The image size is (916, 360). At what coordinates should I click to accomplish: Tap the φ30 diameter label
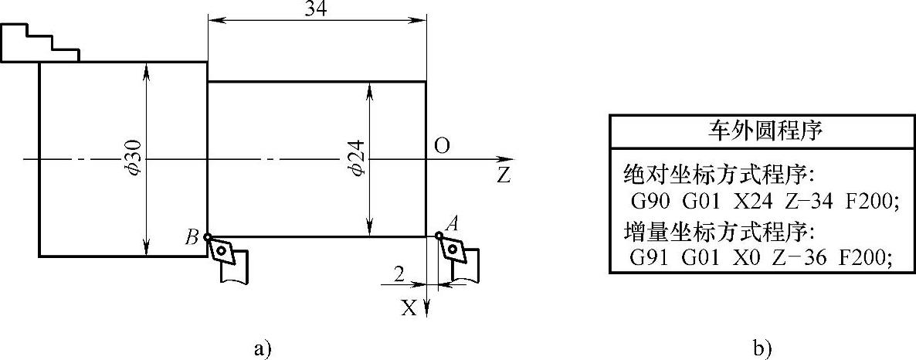pos(133,159)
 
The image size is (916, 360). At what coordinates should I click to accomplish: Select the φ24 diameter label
pos(356,159)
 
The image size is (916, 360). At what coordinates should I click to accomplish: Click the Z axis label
pos(504,175)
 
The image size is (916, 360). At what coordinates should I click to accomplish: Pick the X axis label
pos(409,308)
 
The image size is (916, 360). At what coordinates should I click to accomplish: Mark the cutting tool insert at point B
pos(222,249)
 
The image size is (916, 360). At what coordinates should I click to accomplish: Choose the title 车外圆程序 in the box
pos(763,131)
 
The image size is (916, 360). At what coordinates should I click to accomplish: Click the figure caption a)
pos(263,347)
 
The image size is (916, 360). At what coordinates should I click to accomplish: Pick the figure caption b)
pos(762,347)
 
